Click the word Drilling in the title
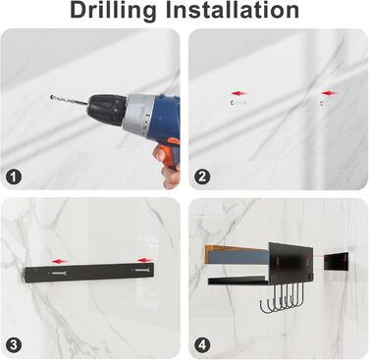pyautogui.click(x=113, y=11)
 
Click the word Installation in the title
pyautogui.click(x=232, y=10)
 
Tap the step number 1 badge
pyautogui.click(x=14, y=177)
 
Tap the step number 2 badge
pyautogui.click(x=202, y=177)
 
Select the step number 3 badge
pyautogui.click(x=14, y=345)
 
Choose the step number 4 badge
pyautogui.click(x=202, y=345)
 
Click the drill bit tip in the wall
pyautogui.click(x=51, y=97)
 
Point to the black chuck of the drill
pyautogui.click(x=107, y=109)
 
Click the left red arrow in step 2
pyautogui.click(x=239, y=93)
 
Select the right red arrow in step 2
pyautogui.click(x=329, y=93)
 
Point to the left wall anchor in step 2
pyautogui.click(x=238, y=103)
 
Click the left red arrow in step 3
pyautogui.click(x=60, y=262)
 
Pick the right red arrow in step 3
pyautogui.click(x=145, y=261)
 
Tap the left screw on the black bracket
pyautogui.click(x=58, y=273)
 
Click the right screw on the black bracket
pyautogui.click(x=141, y=271)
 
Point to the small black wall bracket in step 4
pyautogui.click(x=336, y=262)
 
